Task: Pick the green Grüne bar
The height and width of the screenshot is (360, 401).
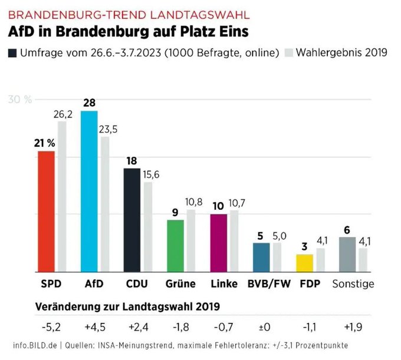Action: [x=175, y=245]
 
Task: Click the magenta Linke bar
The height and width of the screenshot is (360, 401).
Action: [x=219, y=242]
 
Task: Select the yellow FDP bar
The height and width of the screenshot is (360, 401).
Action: [x=304, y=262]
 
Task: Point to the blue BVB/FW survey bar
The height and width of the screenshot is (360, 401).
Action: [x=261, y=256]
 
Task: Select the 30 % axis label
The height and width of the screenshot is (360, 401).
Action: [x=20, y=99]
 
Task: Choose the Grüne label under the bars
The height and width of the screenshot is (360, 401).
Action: [x=180, y=283]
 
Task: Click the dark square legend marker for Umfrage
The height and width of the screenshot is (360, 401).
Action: [x=12, y=52]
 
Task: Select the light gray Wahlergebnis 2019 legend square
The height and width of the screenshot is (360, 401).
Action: [x=289, y=52]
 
